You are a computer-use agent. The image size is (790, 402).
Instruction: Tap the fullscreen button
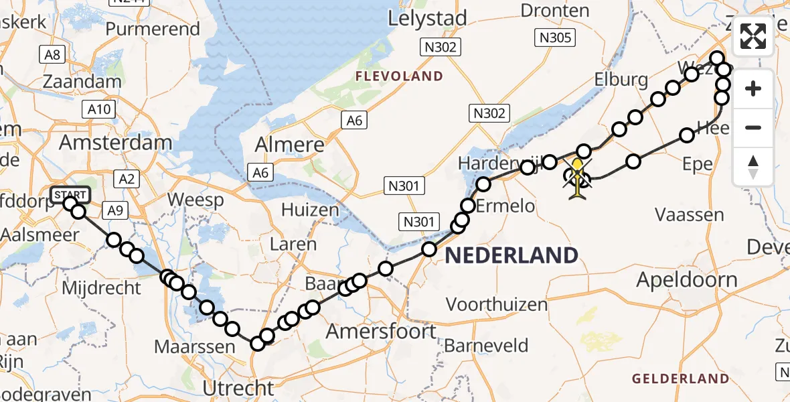point(754,36)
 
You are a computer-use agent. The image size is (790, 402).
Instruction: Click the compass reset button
point(754,165)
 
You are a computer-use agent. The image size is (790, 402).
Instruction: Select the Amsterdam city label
point(116,142)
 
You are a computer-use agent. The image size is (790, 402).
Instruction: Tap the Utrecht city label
point(239,387)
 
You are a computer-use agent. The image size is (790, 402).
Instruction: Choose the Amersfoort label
point(381,331)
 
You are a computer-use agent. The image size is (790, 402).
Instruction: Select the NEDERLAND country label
point(511,255)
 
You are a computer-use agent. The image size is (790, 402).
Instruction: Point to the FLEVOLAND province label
point(399,76)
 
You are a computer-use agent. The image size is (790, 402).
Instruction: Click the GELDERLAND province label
point(681,379)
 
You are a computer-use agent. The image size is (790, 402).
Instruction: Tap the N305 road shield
point(557,38)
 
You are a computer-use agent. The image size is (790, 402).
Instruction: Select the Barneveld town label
point(486,346)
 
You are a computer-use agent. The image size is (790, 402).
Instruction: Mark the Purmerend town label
point(153,29)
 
